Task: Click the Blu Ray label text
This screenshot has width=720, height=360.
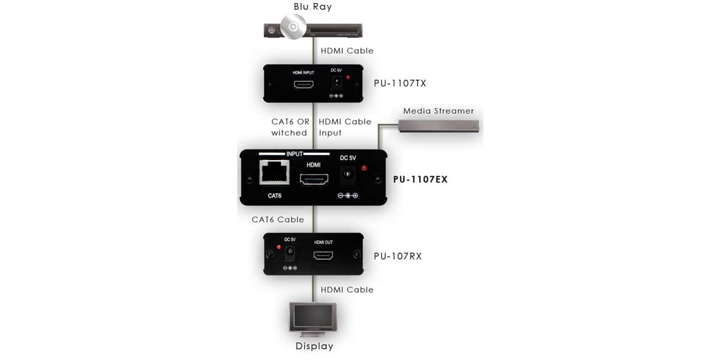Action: [x=313, y=7]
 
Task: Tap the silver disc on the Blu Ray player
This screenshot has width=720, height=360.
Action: [x=293, y=26]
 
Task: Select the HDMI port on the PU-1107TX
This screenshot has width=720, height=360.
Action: [x=304, y=85]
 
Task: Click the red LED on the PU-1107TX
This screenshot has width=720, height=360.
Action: [x=348, y=77]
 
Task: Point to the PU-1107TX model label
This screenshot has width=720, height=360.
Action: [x=400, y=83]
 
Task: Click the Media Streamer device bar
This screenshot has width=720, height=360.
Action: [x=439, y=125]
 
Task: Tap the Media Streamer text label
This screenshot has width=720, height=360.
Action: [x=439, y=111]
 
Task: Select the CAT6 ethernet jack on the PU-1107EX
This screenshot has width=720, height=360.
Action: [x=274, y=173]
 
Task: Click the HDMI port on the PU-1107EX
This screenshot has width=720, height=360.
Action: [x=314, y=179]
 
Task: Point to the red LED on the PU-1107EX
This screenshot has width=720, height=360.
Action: [x=364, y=168]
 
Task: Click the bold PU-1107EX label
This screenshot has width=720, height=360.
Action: [x=421, y=179]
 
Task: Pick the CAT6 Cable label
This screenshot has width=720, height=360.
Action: [x=278, y=220]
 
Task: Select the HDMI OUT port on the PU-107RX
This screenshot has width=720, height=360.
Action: [x=323, y=256]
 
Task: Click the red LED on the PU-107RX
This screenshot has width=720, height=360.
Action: [x=278, y=247]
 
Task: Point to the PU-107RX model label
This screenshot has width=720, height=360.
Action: [x=398, y=256]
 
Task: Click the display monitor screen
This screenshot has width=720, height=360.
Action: [x=313, y=316]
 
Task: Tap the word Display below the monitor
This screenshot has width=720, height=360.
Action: [x=314, y=346]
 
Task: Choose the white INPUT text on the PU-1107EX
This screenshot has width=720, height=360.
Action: [x=295, y=154]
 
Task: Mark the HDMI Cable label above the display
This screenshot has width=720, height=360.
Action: [x=347, y=290]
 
